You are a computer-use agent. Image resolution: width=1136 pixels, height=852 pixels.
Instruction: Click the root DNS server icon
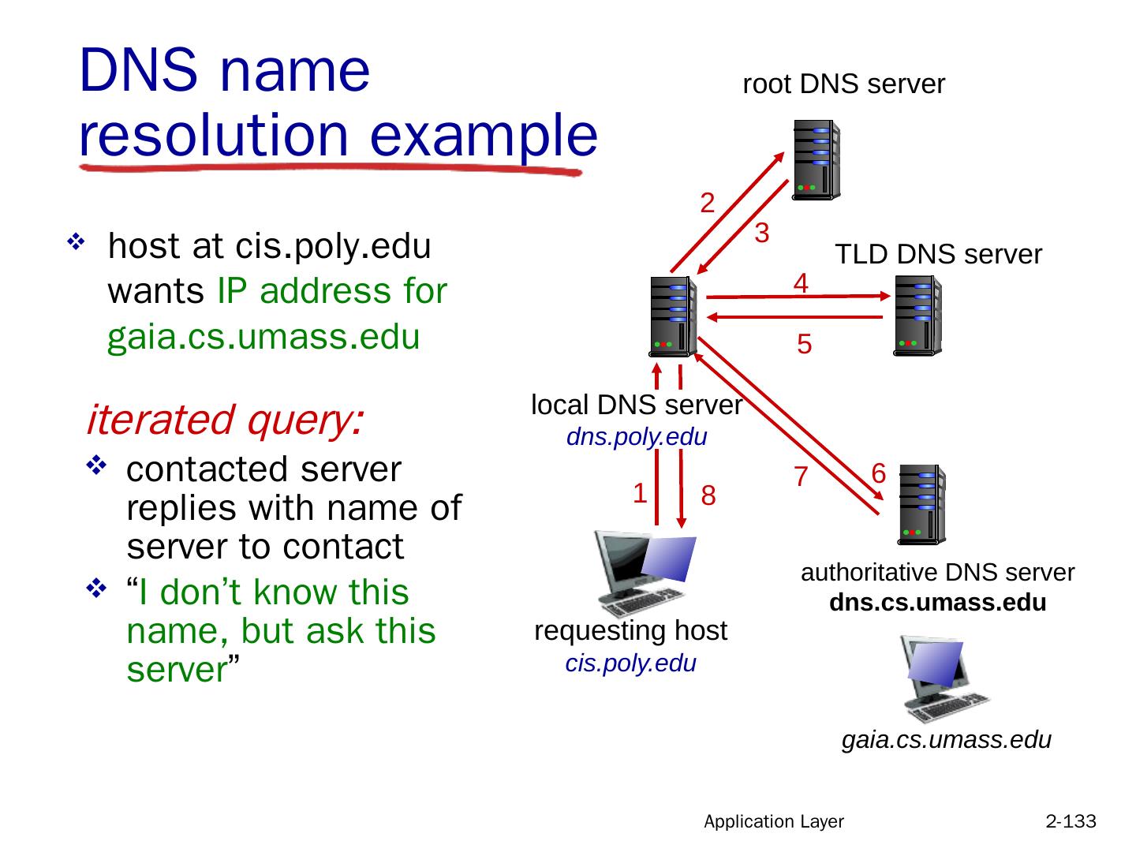coord(816,160)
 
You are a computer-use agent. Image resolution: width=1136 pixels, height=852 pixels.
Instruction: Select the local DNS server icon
coord(673,316)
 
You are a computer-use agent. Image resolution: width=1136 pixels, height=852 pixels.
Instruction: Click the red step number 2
coord(708,204)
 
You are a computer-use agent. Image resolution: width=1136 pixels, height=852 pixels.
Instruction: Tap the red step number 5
coord(804,345)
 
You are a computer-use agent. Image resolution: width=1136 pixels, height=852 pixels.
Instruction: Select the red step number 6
coord(880,473)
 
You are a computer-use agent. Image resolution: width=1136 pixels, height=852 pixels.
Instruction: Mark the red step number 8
coord(708,496)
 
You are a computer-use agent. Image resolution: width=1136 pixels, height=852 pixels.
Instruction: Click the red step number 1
coord(641,494)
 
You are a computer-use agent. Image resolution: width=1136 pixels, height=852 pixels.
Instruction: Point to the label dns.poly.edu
coord(637,437)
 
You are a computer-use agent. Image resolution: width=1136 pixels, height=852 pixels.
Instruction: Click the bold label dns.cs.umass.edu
coord(938,603)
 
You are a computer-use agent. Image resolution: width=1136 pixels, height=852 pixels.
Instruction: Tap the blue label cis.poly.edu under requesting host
coord(631,663)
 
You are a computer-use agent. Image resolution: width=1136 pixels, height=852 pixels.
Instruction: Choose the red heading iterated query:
coord(225,420)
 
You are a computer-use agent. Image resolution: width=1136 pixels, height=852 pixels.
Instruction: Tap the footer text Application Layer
coord(774,822)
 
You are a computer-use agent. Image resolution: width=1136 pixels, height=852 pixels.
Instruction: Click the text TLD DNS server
coord(938,255)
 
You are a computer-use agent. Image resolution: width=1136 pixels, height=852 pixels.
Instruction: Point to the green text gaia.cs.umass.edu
coord(263,338)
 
